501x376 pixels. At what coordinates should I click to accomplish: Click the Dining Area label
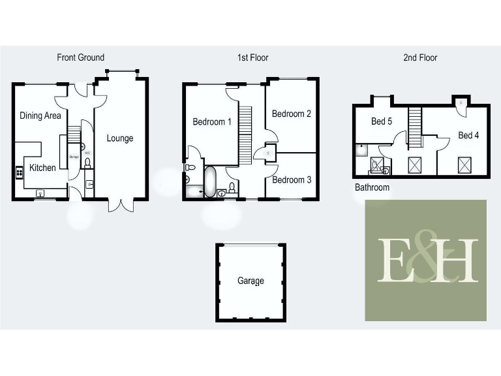tap(40, 116)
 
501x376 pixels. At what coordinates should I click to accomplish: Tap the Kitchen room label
tap(42, 168)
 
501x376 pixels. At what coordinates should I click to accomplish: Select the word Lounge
tap(120, 138)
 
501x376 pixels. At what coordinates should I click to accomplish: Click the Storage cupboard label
tap(73, 156)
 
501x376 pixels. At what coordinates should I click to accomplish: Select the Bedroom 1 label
tap(212, 122)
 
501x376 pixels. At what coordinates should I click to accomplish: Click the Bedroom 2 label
tap(291, 114)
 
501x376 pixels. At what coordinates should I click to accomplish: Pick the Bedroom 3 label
tap(292, 180)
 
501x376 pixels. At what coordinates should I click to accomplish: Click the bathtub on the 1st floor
tap(210, 181)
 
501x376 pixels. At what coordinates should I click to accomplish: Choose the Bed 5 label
tap(382, 121)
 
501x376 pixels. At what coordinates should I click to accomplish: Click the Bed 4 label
tap(468, 135)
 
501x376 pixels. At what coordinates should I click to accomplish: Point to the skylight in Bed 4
tap(465, 164)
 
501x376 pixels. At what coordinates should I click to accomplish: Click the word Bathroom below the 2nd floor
tap(372, 187)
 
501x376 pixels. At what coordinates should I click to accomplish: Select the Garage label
tap(250, 281)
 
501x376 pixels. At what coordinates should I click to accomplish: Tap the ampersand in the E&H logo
tap(428, 256)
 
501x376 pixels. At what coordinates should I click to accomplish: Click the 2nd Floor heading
tap(419, 57)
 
